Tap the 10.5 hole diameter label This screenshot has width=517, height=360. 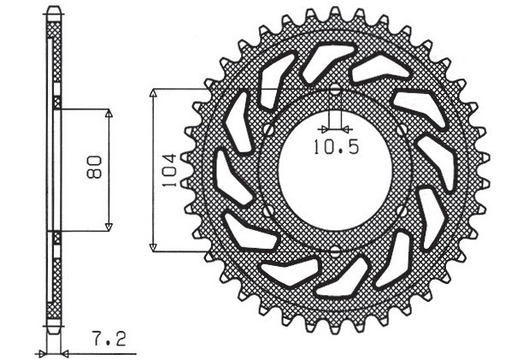click(x=335, y=146)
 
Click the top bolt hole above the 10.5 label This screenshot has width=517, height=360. click(x=335, y=90)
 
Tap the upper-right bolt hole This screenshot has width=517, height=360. click(x=403, y=129)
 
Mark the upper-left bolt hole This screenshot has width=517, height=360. click(x=267, y=129)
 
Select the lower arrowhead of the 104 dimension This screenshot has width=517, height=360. click(x=154, y=247)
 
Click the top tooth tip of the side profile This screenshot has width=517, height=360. click(x=54, y=10)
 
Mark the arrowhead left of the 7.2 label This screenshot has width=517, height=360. click(x=41, y=351)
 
